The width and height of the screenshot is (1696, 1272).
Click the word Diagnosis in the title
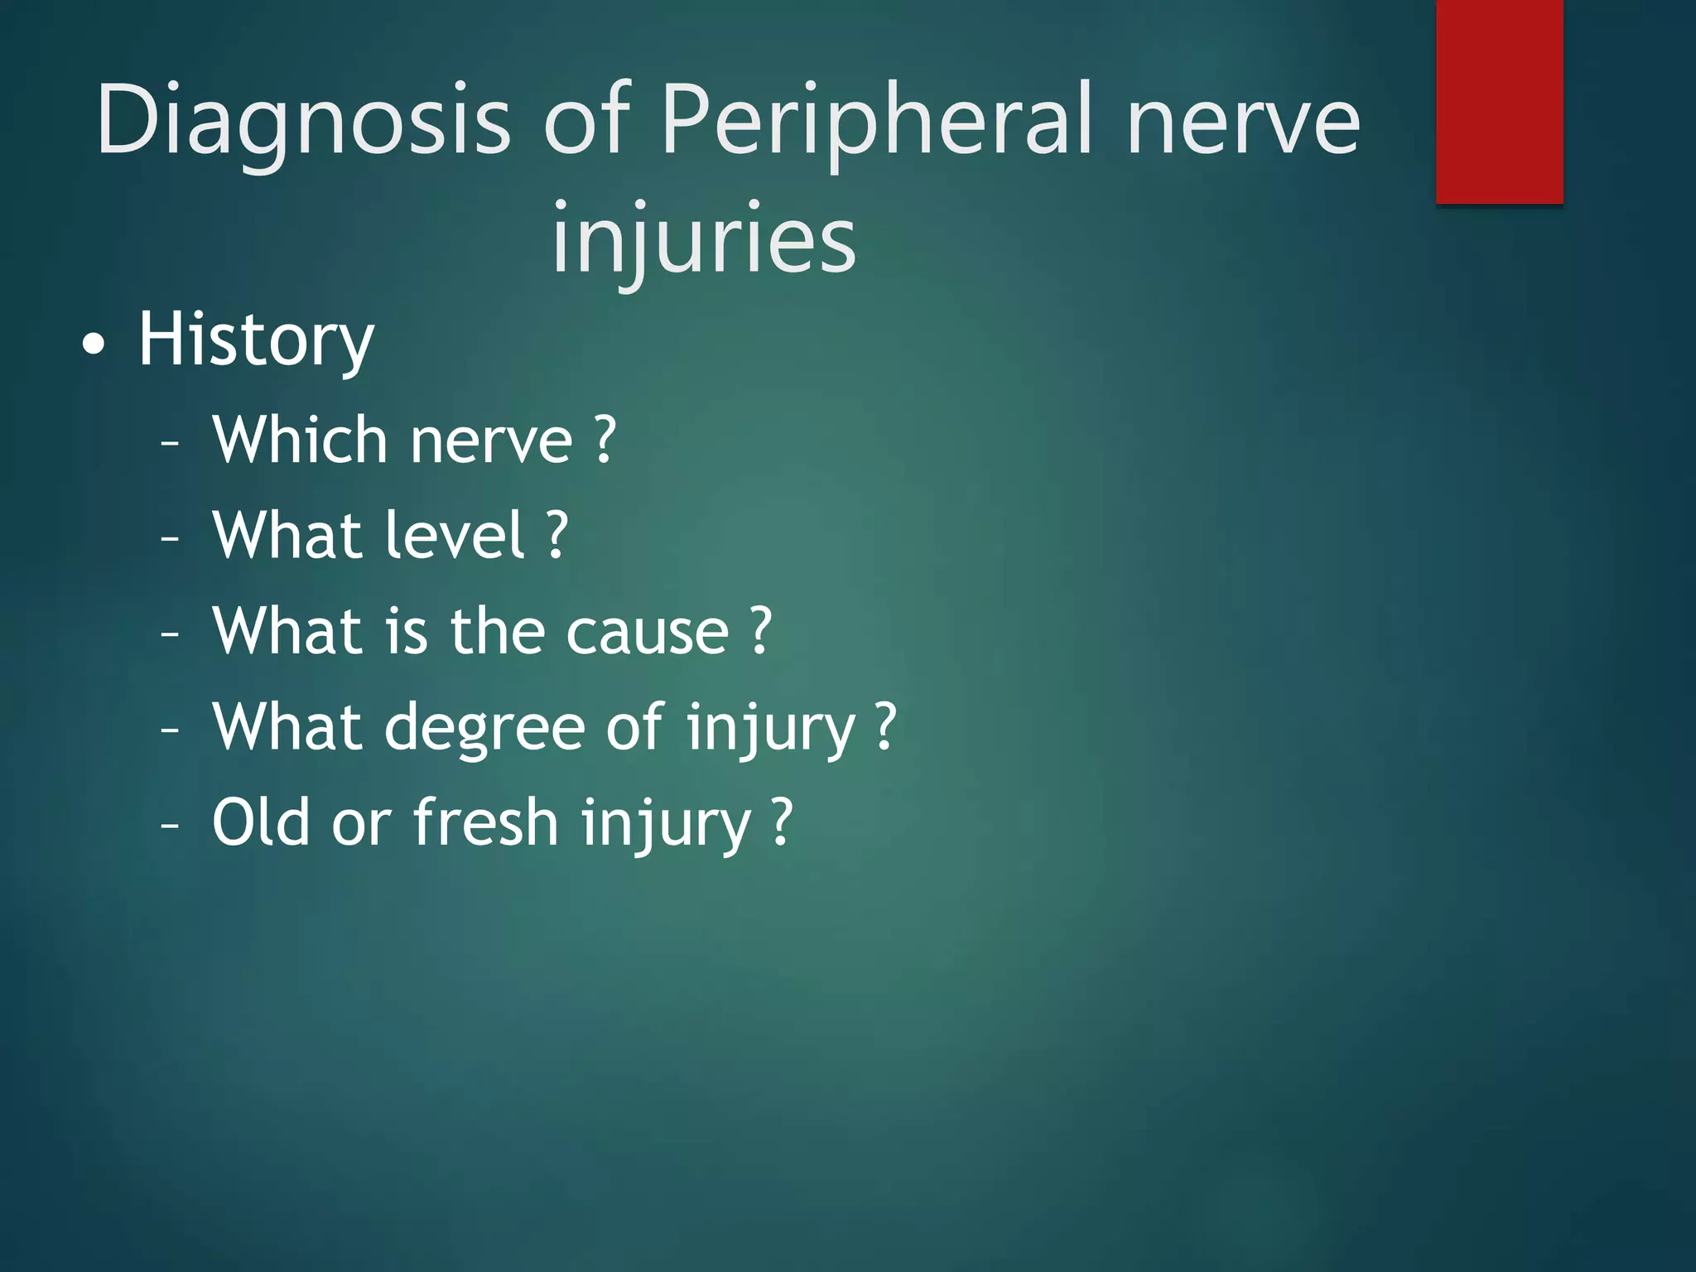tap(303, 120)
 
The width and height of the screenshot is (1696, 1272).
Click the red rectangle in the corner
tap(1499, 101)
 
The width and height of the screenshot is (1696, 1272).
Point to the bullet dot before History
tap(94, 344)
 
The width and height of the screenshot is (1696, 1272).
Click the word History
tap(256, 340)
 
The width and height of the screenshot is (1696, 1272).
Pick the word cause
tap(647, 631)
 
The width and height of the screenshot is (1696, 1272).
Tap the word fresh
tap(486, 821)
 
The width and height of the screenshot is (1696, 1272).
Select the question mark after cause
tap(761, 631)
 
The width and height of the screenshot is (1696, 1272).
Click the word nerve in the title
tap(1243, 120)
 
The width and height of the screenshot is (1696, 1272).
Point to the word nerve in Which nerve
tap(491, 441)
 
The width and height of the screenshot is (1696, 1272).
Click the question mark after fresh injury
tap(782, 821)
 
